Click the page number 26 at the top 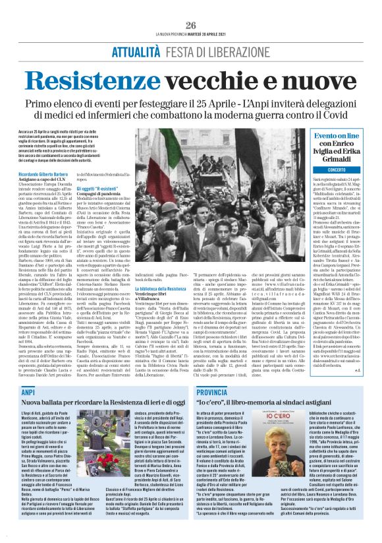tap(191, 25)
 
